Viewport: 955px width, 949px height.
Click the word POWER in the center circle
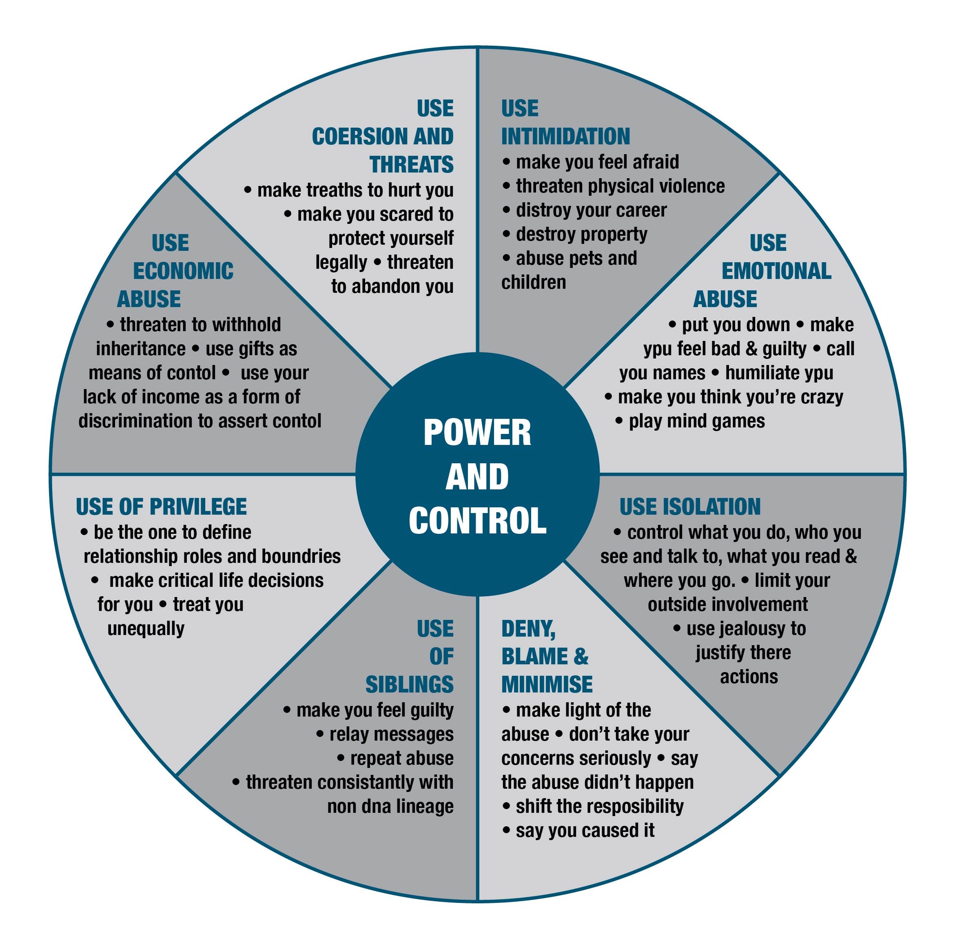coord(477,433)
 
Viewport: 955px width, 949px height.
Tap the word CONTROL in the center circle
coord(477,521)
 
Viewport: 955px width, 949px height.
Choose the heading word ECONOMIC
coord(183,271)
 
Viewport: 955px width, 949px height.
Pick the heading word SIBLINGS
coord(409,685)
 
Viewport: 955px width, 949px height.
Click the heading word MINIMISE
coord(547,685)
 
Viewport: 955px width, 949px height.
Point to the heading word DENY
coord(528,629)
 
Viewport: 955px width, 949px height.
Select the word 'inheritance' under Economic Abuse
coord(140,349)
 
